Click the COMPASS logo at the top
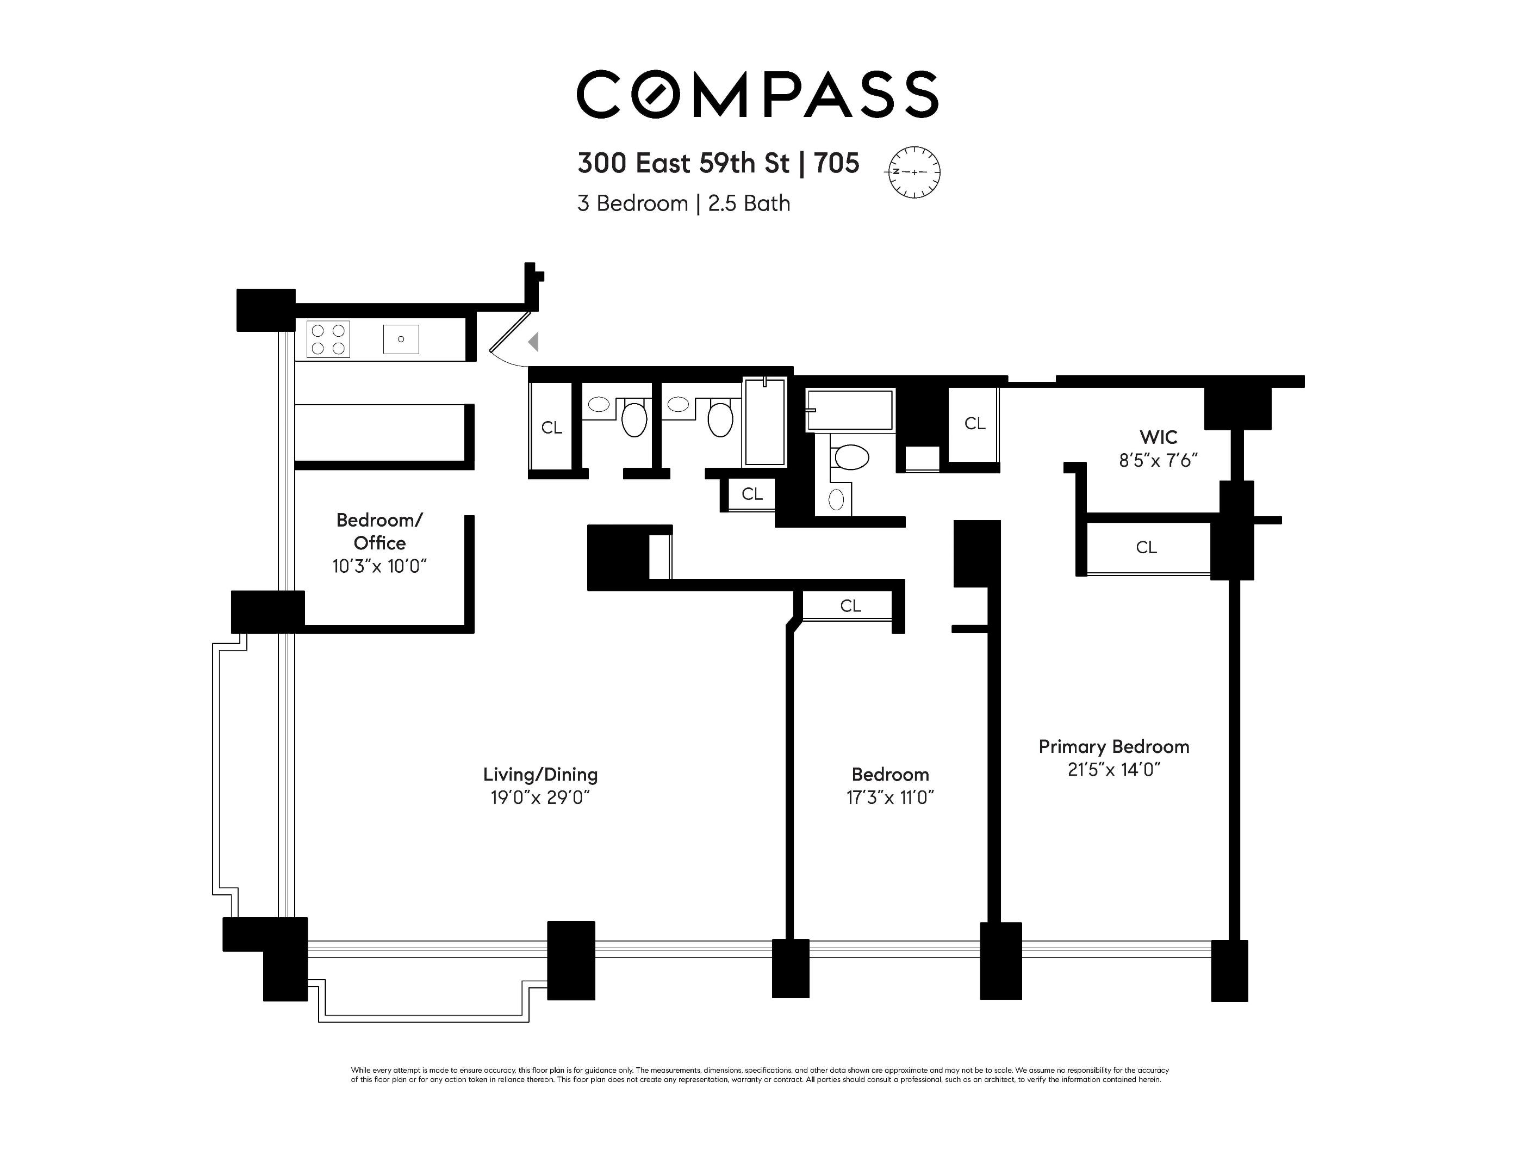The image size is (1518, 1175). click(x=757, y=94)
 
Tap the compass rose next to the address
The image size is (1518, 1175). click(x=914, y=172)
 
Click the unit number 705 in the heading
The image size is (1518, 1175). click(x=836, y=163)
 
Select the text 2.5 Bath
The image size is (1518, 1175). click(x=749, y=203)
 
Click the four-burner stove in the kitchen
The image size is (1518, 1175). click(x=328, y=339)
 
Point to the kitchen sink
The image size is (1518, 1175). click(x=401, y=339)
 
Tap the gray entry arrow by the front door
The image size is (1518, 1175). click(x=533, y=342)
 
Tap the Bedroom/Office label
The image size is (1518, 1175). click(x=379, y=531)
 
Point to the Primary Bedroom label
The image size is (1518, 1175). click(x=1113, y=746)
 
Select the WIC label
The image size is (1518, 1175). click(x=1158, y=437)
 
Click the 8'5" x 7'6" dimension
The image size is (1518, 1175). click(x=1158, y=460)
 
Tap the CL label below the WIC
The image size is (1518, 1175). click(x=1146, y=548)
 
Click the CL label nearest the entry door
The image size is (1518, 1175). click(x=551, y=428)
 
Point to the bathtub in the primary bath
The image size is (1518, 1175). click(x=849, y=410)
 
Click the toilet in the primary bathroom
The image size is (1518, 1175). click(x=851, y=457)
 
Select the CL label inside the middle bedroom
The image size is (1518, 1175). click(x=850, y=605)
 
